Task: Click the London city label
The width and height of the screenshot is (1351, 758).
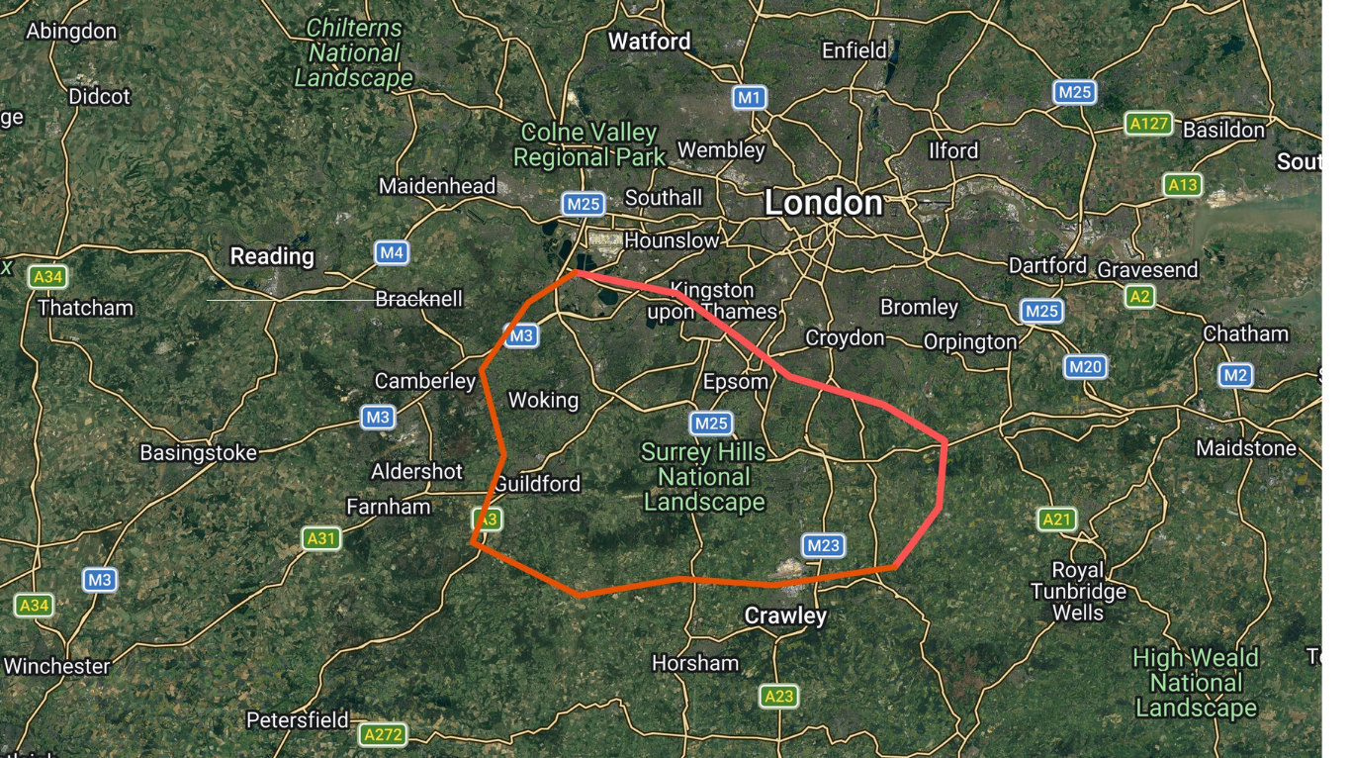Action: pos(823,203)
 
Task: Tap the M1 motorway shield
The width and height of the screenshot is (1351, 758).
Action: pos(749,97)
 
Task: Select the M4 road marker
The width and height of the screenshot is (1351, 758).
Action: pos(392,252)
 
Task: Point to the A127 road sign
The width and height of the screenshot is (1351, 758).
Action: pos(1149,125)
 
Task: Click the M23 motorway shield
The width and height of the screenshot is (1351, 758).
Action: pos(823,545)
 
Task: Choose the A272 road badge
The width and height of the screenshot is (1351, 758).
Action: pos(383,735)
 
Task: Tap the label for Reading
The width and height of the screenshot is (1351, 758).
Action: pos(272,256)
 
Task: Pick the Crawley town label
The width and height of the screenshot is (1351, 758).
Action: pos(785,616)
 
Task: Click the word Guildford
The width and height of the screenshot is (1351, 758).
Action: pos(537,484)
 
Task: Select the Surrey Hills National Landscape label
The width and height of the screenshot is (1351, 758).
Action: pos(704,477)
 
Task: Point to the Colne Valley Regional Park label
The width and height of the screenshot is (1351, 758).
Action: pos(588,144)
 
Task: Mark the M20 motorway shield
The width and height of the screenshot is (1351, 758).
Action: pos(1084,367)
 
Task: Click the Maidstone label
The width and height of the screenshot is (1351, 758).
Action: pos(1245,448)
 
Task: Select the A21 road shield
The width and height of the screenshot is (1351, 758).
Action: pos(1057,519)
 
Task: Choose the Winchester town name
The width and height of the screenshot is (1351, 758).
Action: pos(57,666)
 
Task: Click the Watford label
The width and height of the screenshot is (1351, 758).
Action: pos(649,42)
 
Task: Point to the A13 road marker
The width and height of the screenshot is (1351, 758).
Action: pos(1182,185)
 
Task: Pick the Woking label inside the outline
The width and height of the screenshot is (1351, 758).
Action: pos(543,400)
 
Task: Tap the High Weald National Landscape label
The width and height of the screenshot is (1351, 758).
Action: pos(1196,683)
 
